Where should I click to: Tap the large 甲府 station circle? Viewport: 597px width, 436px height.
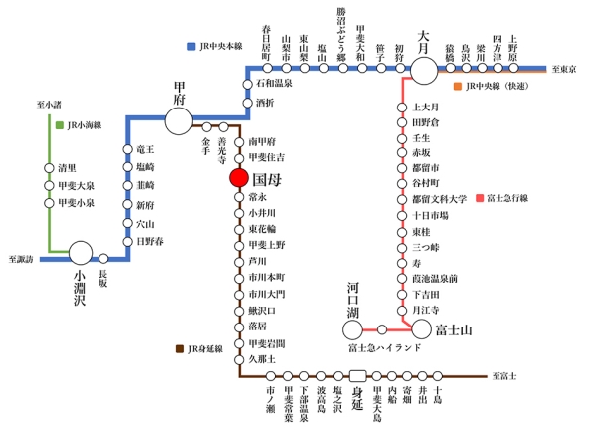(179, 121)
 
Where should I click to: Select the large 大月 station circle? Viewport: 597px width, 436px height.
(425, 69)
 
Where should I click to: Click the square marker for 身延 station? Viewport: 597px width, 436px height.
(359, 376)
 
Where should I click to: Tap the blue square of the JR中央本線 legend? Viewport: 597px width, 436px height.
(190, 46)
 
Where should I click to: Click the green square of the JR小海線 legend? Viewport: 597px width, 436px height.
(60, 125)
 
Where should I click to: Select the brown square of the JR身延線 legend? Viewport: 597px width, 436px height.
(179, 349)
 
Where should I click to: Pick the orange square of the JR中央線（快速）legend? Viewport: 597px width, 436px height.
(457, 88)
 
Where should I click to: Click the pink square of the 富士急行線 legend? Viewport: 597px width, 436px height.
(479, 198)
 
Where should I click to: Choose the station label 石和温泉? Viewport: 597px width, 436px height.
(274, 85)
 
